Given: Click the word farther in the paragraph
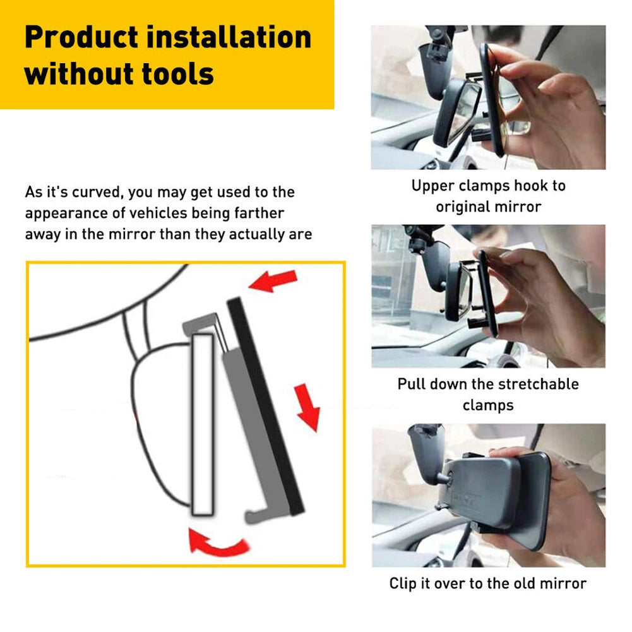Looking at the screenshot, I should click(256, 213).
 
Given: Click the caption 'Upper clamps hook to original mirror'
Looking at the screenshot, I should click(488, 196).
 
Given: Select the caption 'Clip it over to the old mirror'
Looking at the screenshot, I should click(487, 583).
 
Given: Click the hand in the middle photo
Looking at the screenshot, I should click(549, 303).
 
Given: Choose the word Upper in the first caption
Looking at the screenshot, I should click(434, 186).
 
